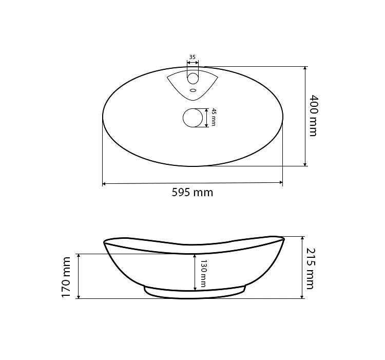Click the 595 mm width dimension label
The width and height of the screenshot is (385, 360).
(x=192, y=192)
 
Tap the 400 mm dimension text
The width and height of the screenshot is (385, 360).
(x=313, y=116)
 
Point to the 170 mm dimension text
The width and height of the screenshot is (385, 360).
(x=66, y=277)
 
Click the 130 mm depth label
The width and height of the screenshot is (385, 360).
(x=204, y=273)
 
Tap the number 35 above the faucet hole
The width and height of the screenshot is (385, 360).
(x=192, y=57)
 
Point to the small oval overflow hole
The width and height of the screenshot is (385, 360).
(x=193, y=90)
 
